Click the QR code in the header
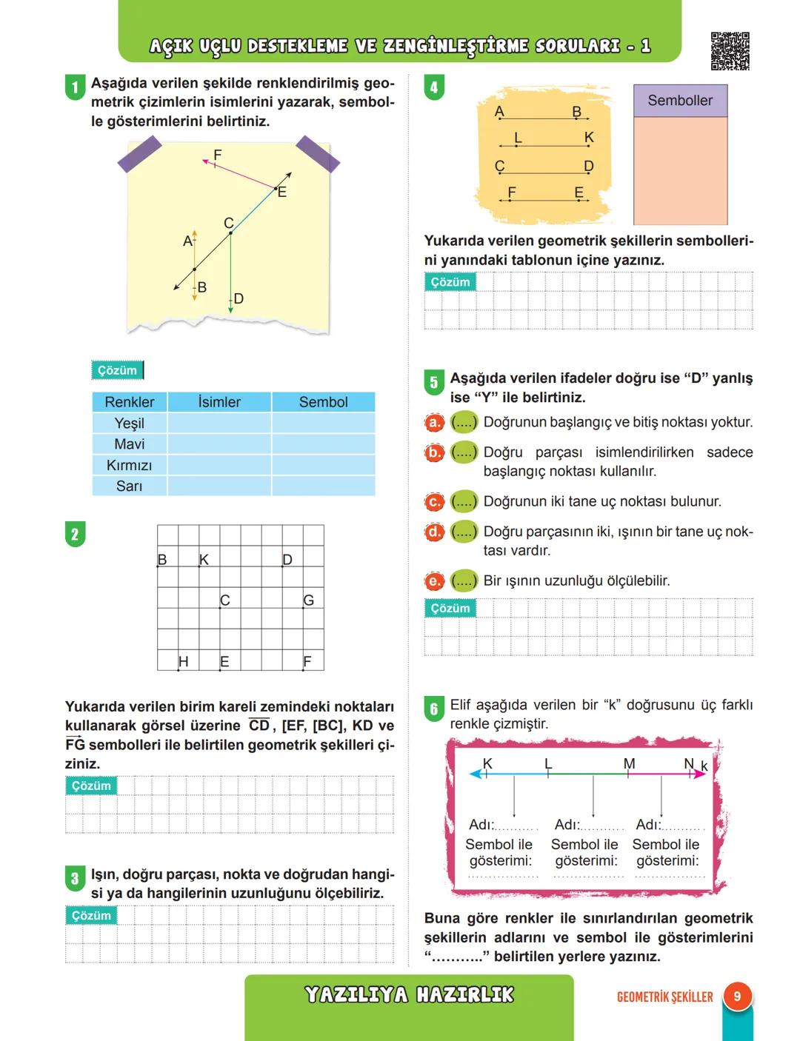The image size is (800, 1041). click(x=730, y=50)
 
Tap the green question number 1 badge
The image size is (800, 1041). click(x=75, y=87)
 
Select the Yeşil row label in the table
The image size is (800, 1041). click(x=130, y=423)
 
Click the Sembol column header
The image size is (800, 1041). click(x=323, y=402)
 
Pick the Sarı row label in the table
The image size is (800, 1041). click(x=130, y=486)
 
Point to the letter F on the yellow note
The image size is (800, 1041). click(x=217, y=155)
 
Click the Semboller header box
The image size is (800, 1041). click(x=680, y=101)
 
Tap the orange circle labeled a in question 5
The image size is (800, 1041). click(x=434, y=423)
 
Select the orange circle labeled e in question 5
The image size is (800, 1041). click(x=434, y=581)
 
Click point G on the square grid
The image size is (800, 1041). click(x=308, y=600)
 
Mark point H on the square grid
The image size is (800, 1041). click(x=182, y=661)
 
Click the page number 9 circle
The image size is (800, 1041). click(x=737, y=997)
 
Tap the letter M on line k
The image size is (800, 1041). click(x=629, y=763)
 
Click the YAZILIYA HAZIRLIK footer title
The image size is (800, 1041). click(x=409, y=994)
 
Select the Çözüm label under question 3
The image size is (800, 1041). click(x=91, y=916)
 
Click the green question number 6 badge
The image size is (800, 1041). click(x=434, y=709)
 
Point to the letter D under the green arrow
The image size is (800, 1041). click(x=238, y=298)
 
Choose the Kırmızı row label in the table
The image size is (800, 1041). click(x=130, y=465)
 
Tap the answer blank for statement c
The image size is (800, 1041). click(x=464, y=502)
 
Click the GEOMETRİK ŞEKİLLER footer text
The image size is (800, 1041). click(x=664, y=997)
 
